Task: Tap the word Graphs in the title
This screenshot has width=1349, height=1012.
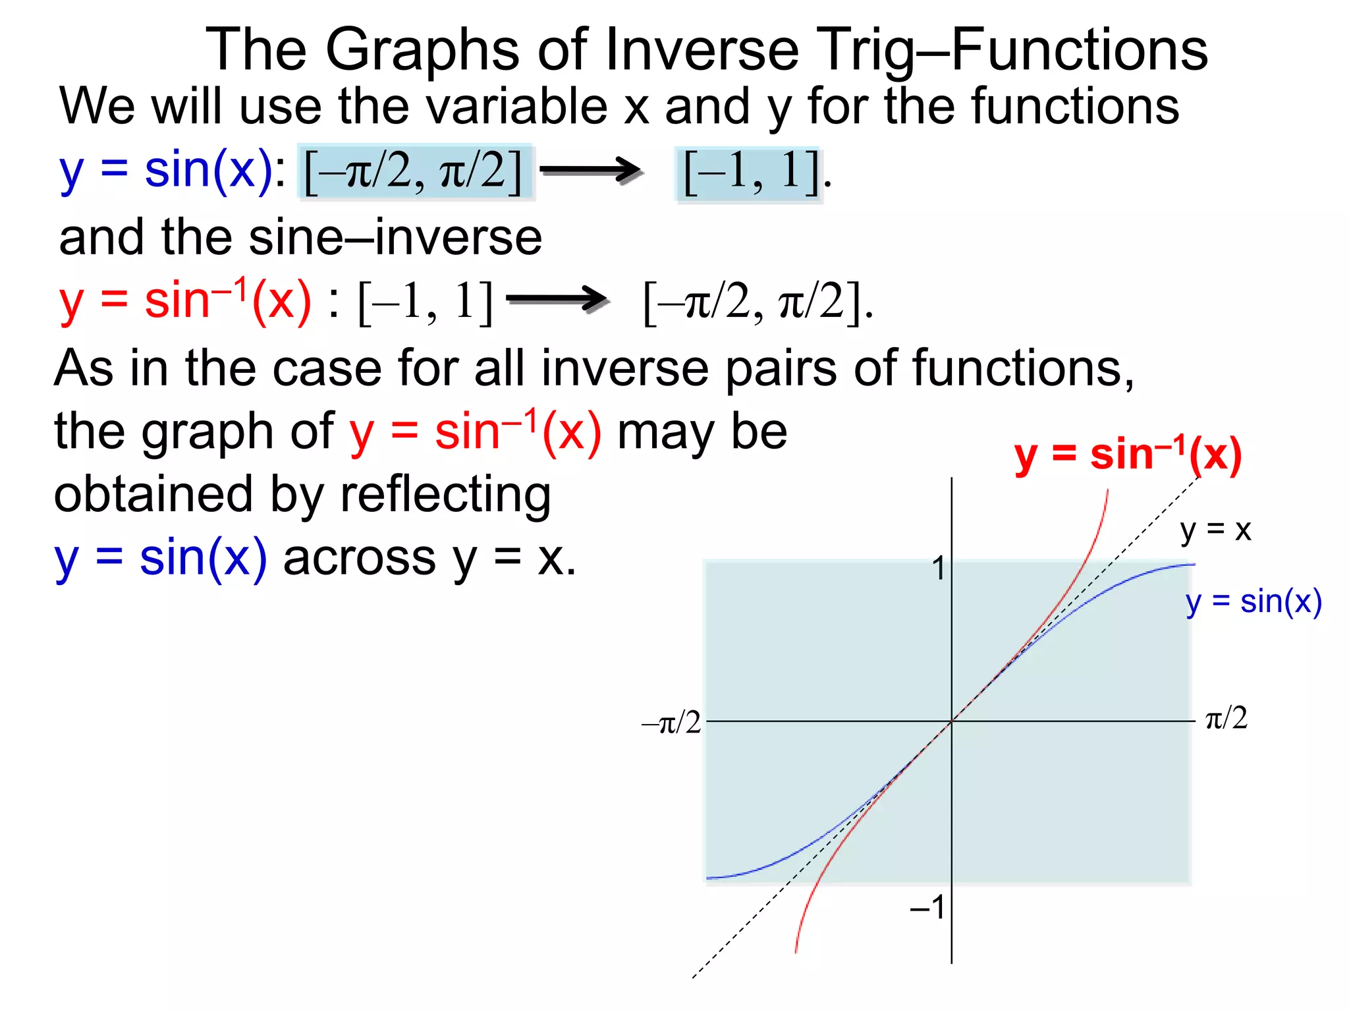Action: [422, 51]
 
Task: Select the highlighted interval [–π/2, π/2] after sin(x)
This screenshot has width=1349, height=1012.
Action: [414, 172]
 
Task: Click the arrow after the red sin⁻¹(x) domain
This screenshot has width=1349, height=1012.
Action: [557, 300]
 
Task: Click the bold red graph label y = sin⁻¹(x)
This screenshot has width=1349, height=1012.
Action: [1128, 456]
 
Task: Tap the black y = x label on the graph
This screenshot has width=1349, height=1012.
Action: [1215, 530]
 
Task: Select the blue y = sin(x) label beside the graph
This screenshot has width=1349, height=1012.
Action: [1253, 602]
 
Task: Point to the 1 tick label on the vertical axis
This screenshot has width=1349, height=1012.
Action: [939, 569]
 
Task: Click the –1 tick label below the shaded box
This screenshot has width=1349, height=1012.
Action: [928, 908]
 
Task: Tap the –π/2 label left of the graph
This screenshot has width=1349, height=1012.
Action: [671, 723]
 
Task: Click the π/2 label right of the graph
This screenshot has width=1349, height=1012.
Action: [1226, 717]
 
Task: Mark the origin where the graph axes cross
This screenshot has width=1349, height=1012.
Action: [951, 721]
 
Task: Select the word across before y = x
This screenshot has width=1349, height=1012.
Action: [359, 559]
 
